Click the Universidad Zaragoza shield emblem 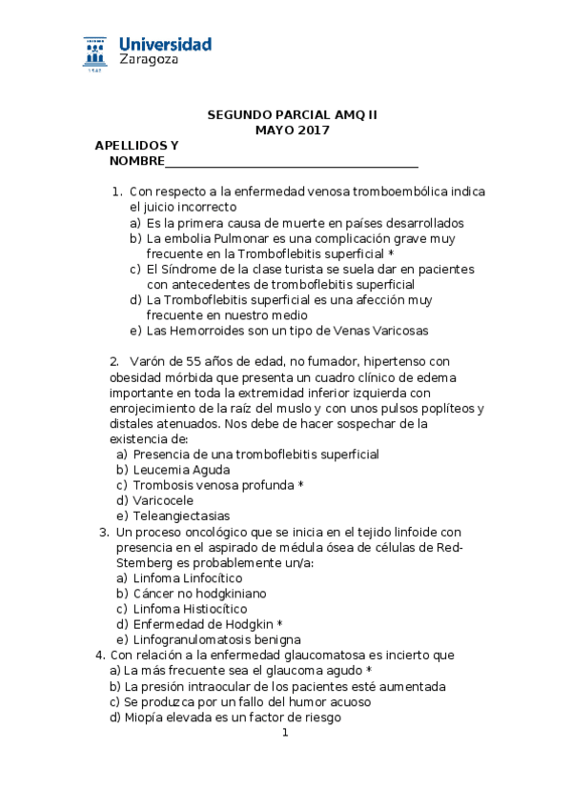[95, 53]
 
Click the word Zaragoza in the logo [148, 60]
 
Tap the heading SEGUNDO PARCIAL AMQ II [293, 115]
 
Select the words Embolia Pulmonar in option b [207, 238]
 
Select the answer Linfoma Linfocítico [187, 577]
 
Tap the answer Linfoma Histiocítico [190, 608]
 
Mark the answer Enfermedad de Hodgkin [203, 623]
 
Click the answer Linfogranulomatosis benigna [217, 638]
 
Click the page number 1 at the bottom [284, 733]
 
